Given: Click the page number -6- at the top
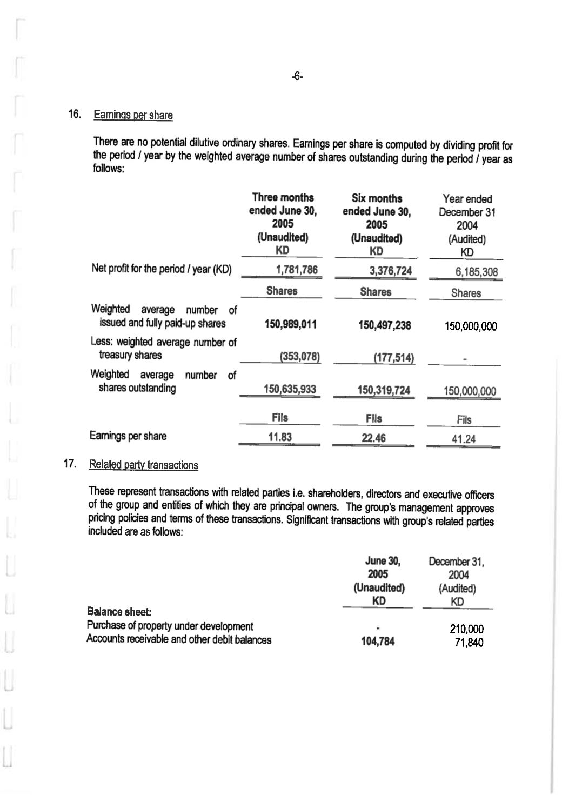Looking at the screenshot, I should point(297,77).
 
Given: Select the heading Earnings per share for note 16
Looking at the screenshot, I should point(133,115).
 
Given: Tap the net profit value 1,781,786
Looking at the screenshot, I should point(297,270).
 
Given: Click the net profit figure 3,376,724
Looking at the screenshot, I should point(390,271).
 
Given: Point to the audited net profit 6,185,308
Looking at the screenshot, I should point(476,272).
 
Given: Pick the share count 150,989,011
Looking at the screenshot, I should point(290,324).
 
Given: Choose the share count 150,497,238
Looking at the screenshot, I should point(384,325).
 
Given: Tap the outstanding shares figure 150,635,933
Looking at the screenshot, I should point(290,389).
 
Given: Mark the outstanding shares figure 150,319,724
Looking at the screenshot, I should point(384,390).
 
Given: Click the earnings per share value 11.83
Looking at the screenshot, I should point(280,437).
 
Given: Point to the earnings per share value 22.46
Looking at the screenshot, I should point(373,438).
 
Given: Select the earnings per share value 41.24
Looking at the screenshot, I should point(464,439).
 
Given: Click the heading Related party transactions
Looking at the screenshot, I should point(143,465).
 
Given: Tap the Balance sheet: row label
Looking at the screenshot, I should point(119,612).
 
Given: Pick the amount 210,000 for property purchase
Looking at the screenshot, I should point(466,629).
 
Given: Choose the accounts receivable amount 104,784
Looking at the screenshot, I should point(378,642).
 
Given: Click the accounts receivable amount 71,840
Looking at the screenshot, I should point(469,643).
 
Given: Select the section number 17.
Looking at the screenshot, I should point(69,464).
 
